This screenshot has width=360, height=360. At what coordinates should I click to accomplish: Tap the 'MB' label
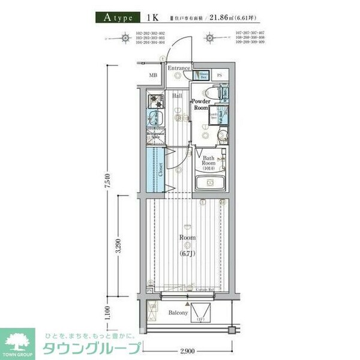[x=153, y=76]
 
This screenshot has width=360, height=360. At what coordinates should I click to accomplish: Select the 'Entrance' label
[x=179, y=68]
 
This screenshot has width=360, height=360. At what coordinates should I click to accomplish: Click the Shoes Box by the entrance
[x=204, y=76]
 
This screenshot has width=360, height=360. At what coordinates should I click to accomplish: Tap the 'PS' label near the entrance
[x=220, y=75]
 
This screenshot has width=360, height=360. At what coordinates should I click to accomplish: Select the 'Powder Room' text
[x=200, y=105]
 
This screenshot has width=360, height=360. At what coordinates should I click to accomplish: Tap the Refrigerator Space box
[x=155, y=136]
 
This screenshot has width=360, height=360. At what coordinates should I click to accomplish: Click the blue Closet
[x=155, y=170]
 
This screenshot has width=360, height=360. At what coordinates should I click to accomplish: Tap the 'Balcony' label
[x=178, y=313]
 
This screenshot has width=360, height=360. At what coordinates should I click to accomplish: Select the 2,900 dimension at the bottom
[x=187, y=349]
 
